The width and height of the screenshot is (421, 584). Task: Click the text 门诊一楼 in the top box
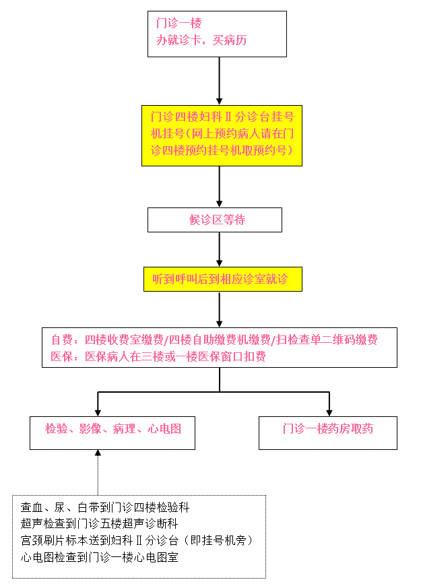click(x=179, y=23)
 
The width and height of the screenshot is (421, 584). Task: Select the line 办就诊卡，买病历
click(x=201, y=40)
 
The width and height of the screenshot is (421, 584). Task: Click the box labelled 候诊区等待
click(x=215, y=220)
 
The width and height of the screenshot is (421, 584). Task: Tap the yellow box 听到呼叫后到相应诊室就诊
click(x=223, y=279)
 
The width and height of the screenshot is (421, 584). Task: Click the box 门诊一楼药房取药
click(x=328, y=433)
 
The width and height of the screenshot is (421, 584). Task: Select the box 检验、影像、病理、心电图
click(x=112, y=433)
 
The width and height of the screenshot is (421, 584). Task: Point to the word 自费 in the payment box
click(x=62, y=339)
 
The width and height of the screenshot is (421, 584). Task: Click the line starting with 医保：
click(x=158, y=356)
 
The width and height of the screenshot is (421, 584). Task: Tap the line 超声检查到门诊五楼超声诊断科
click(x=100, y=523)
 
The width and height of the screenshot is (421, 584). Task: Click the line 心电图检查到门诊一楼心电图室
click(x=100, y=557)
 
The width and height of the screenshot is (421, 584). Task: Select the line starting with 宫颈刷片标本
click(x=137, y=540)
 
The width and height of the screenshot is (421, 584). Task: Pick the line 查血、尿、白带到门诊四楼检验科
click(x=105, y=507)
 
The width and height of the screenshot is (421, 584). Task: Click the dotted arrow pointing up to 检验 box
click(x=98, y=472)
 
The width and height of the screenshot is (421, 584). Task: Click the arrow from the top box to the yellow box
click(x=220, y=81)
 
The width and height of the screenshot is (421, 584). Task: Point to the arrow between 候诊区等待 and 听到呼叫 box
click(x=220, y=249)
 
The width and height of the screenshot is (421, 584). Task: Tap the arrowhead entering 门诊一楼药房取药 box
click(x=329, y=413)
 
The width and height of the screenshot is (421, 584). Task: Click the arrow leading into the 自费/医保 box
click(x=220, y=309)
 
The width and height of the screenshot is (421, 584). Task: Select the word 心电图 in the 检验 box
click(x=164, y=428)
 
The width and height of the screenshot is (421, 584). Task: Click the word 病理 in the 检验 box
click(x=125, y=428)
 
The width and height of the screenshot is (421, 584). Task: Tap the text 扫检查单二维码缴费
click(x=327, y=339)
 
